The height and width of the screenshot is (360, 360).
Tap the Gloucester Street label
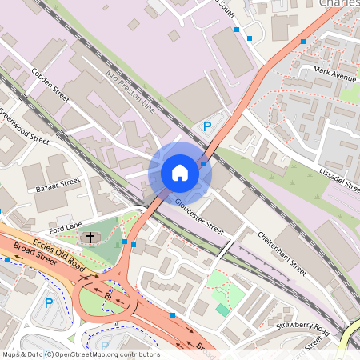coord(200,214)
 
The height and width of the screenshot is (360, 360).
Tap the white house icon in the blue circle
coord(180,172)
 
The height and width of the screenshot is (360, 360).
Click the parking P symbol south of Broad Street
coord(49,303)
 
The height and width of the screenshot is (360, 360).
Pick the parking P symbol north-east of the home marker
coord(206,126)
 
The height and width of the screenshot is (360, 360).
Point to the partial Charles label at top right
coord(339,4)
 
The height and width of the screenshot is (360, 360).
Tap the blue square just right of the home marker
coord(204,164)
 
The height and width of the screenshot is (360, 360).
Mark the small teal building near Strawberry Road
coord(222,309)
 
